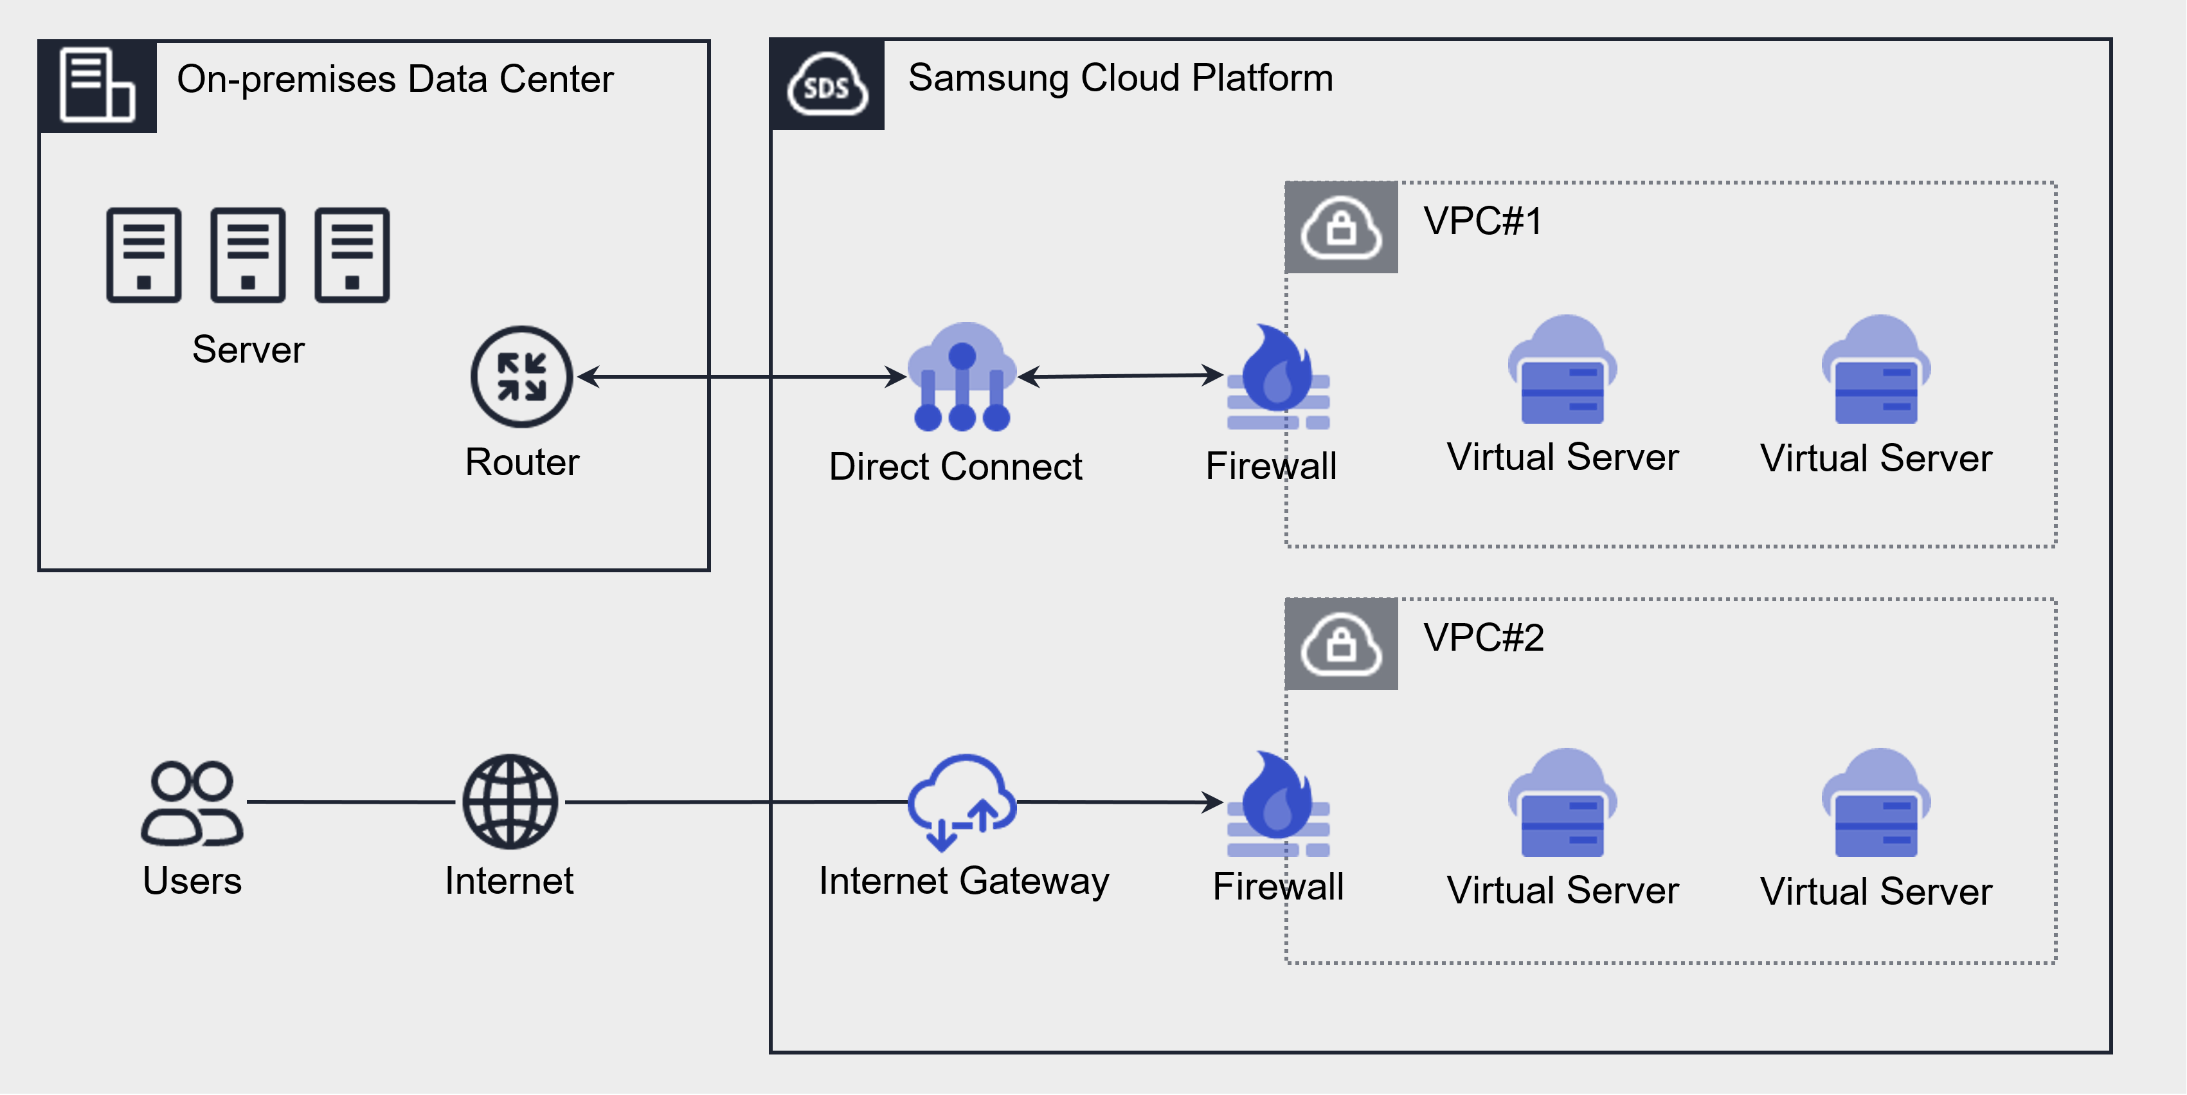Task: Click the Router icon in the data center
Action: point(521,376)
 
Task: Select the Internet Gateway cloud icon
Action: point(961,801)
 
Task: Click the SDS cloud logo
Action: point(827,85)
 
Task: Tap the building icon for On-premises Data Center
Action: point(97,85)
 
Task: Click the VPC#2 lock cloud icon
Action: point(1342,644)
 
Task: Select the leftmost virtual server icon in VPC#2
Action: point(1562,803)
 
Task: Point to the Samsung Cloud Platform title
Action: point(1120,78)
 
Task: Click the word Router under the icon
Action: point(521,462)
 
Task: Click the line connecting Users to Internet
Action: point(350,801)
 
